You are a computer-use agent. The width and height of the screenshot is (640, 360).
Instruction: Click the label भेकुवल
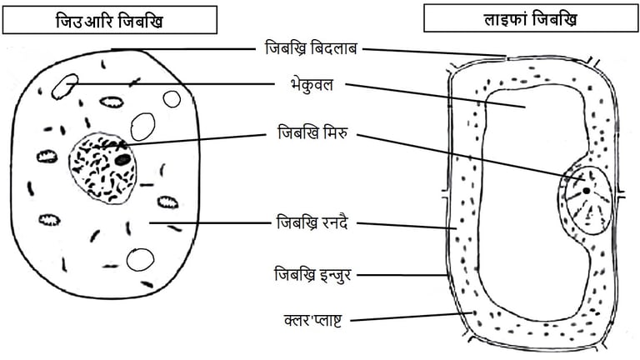[x=308, y=83]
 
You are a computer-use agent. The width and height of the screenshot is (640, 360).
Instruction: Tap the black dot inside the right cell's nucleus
[x=587, y=190]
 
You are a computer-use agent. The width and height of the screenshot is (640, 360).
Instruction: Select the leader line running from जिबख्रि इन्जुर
[x=404, y=273]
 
